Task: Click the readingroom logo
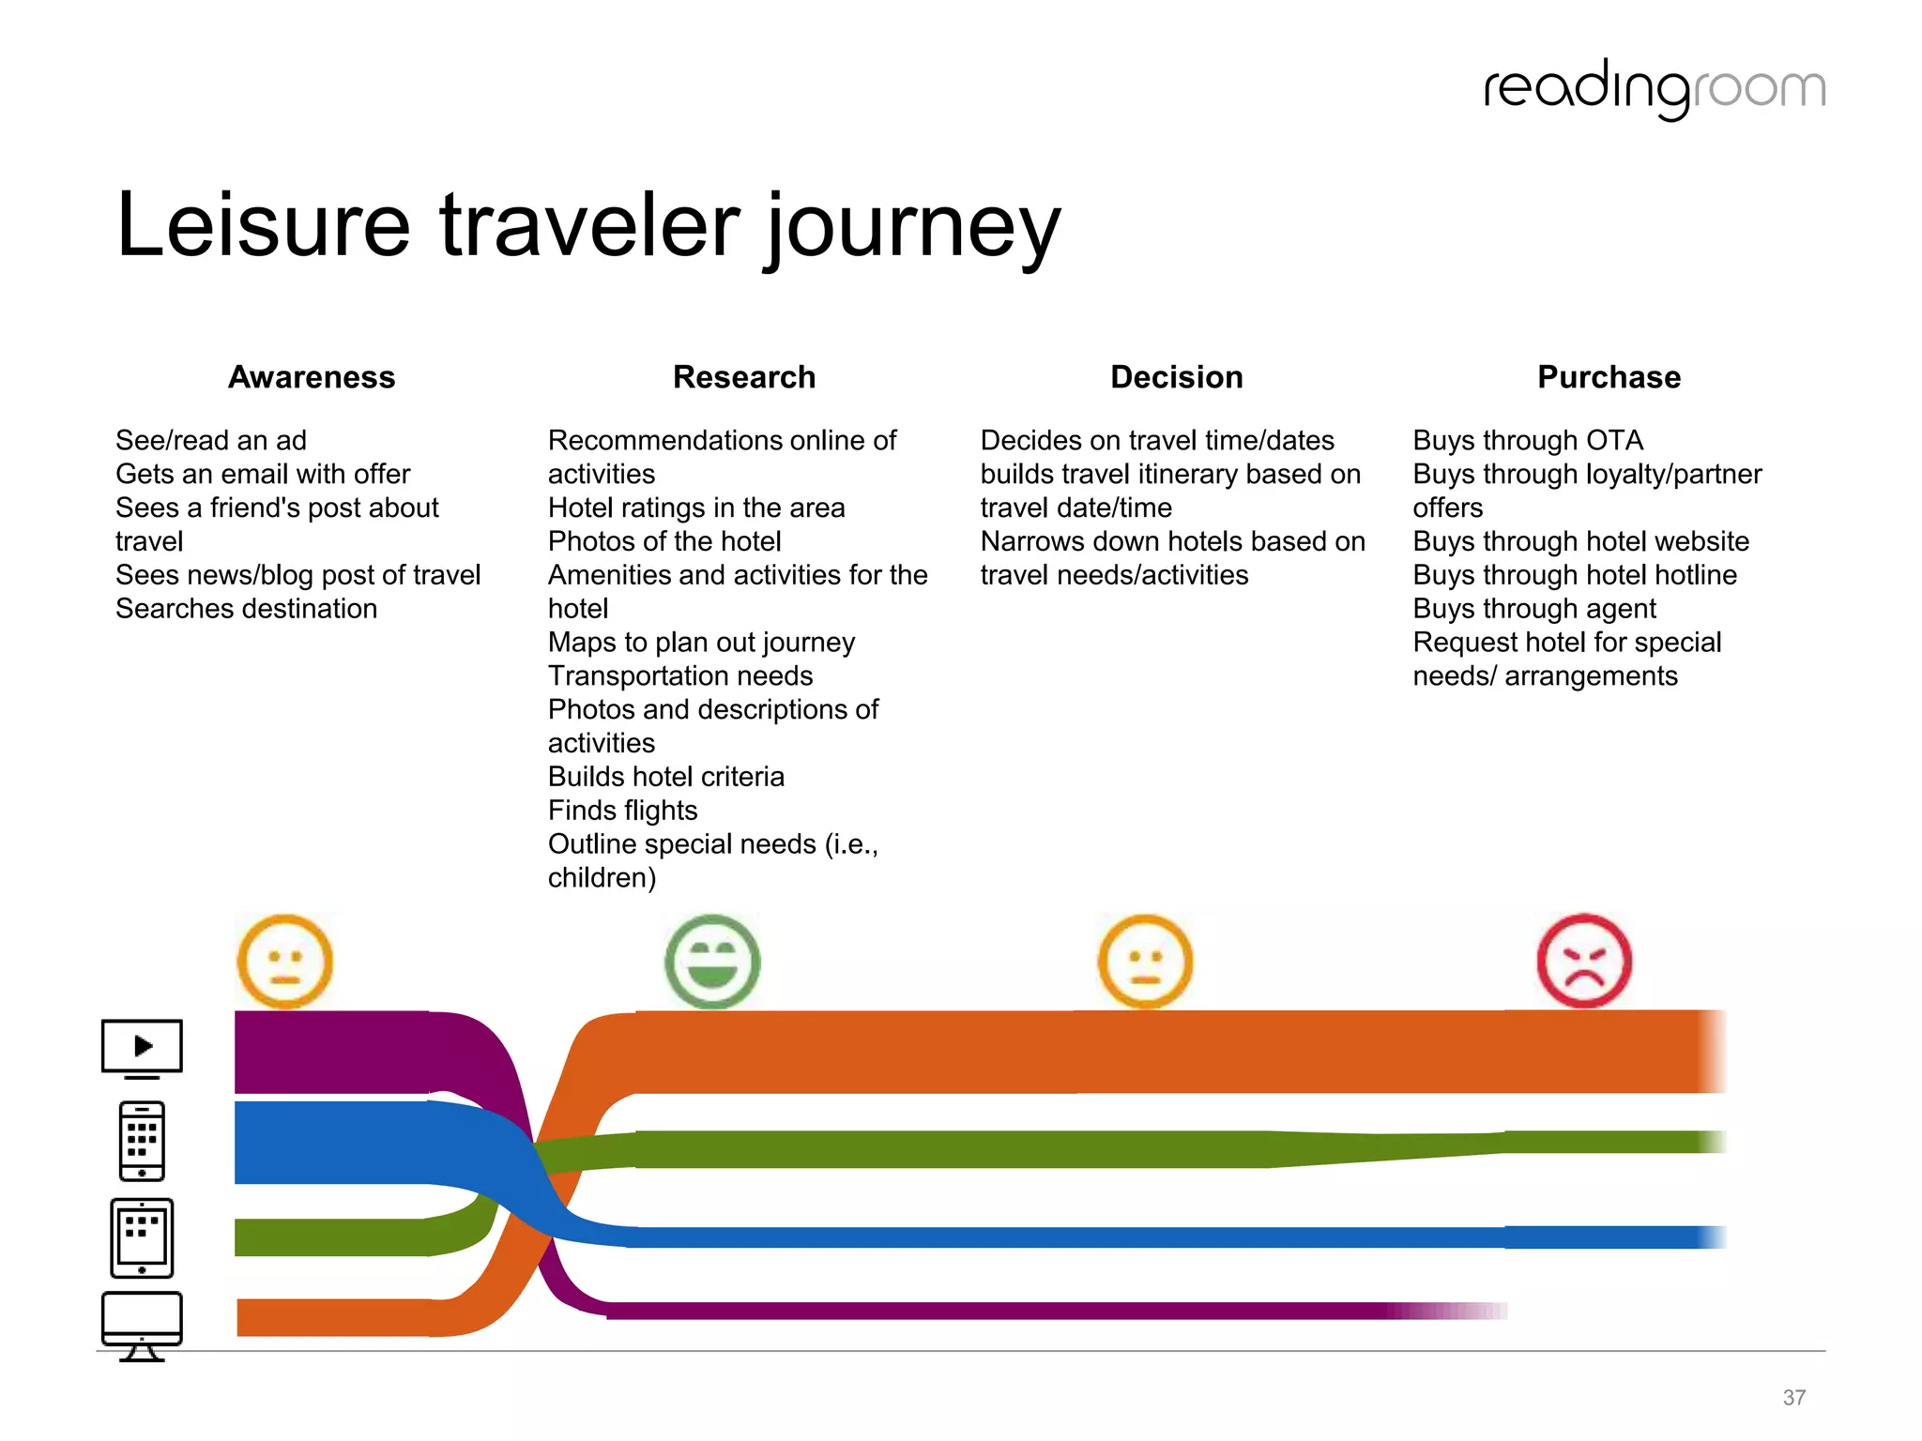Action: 1654,89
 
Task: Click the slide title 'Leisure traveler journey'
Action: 587,226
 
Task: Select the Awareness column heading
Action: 312,377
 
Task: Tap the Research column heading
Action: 744,377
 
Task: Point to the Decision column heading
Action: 1176,377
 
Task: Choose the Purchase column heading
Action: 1609,377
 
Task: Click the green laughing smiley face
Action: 712,962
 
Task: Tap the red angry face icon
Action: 1584,961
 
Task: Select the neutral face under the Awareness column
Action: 284,962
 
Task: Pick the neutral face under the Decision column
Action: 1145,962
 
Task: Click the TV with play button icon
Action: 142,1047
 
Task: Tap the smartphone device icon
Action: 142,1141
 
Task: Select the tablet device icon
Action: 142,1237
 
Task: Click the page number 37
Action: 1793,1398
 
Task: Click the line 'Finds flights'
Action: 622,811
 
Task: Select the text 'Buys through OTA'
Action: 1528,440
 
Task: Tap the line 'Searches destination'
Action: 246,609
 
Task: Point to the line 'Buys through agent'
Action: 1534,609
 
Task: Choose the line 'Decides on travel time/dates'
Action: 1157,440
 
